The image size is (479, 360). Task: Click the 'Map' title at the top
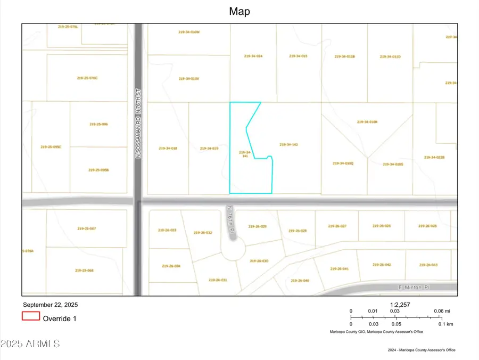tap(240, 11)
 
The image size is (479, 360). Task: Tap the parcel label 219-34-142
tap(288, 144)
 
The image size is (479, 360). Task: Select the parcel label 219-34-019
tap(209, 149)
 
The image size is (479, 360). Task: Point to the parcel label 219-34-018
tap(168, 149)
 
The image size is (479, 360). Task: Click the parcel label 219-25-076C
tap(87, 78)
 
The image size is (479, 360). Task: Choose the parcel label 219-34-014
tap(253, 56)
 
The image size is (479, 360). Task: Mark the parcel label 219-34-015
tap(299, 56)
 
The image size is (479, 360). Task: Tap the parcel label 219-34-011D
tap(390, 56)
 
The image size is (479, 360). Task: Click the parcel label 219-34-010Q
tap(343, 163)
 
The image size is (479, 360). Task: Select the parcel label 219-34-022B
tap(434, 158)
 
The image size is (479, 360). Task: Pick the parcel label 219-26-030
tap(259, 261)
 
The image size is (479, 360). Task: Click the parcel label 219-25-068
tap(85, 271)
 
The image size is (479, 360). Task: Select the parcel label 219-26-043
tap(428, 265)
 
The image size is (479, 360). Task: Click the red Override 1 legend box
tap(31, 316)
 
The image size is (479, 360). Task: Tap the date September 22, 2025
tap(49, 305)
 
